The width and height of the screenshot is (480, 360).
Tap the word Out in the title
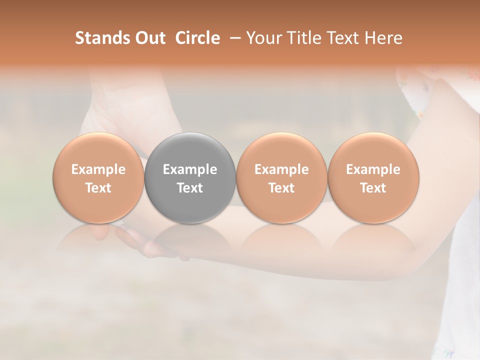[149, 38]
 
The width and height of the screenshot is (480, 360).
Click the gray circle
[190, 177]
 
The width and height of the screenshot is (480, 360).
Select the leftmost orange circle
[98, 177]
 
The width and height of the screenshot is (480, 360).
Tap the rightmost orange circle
[373, 177]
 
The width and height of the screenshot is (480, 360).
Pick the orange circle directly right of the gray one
[281, 177]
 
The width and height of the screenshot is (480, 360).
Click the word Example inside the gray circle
[190, 169]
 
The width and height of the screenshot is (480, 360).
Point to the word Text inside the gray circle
[190, 188]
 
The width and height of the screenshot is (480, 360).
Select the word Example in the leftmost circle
[98, 169]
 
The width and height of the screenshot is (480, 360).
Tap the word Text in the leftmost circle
[98, 188]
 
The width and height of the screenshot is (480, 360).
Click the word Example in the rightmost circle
[373, 169]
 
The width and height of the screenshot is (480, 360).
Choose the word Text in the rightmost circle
[373, 188]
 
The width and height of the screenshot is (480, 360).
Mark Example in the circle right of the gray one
[281, 169]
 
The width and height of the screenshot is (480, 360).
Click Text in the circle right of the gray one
[281, 188]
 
